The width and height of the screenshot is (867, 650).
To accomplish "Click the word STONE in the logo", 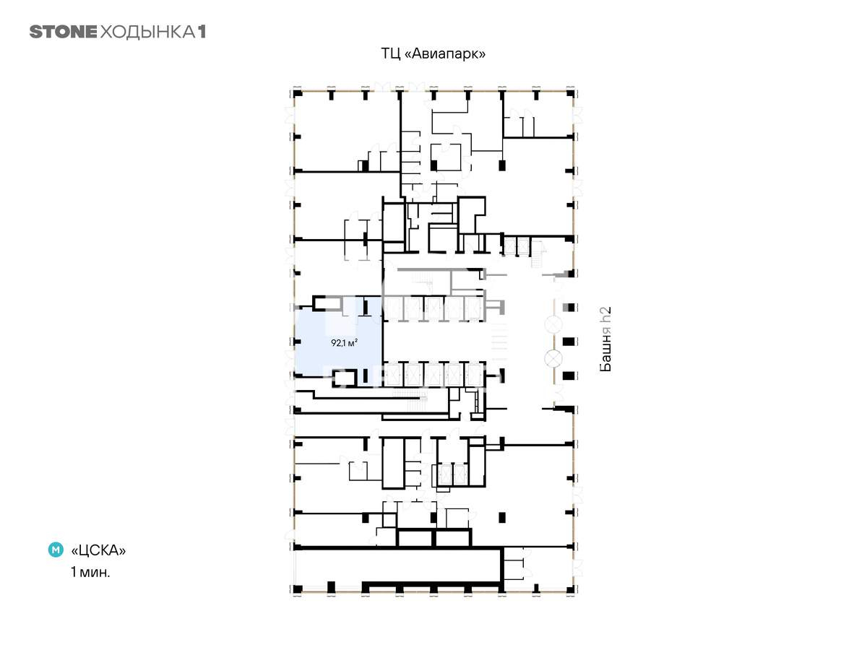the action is click(63, 32).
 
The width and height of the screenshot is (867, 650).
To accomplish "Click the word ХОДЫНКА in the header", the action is click(147, 32).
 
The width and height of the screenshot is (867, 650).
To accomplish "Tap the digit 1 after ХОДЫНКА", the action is click(202, 32).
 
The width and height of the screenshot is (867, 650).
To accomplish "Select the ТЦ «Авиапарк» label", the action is click(433, 53).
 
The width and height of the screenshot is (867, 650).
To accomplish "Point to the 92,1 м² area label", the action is click(344, 342).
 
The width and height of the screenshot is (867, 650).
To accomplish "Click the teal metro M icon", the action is click(56, 550).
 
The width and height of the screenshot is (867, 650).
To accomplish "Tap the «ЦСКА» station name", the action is click(98, 550).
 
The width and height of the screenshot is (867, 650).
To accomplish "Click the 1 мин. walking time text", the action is click(90, 571).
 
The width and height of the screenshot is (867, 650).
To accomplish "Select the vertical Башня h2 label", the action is click(605, 339).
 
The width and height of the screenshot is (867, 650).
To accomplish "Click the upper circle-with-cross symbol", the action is click(553, 325).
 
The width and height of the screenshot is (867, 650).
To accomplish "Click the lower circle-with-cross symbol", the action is click(553, 358).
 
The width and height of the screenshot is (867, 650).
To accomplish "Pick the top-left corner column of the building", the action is click(298, 94).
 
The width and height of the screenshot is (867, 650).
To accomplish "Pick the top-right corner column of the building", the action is click(570, 94).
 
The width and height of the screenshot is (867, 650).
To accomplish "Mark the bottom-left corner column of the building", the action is click(298, 589).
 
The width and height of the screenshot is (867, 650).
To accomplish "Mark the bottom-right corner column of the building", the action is click(570, 589).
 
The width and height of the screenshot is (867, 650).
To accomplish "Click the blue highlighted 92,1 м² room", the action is click(339, 343).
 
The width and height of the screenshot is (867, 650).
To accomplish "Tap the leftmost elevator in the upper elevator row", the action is click(394, 308).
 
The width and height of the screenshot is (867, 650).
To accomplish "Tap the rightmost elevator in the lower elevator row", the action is click(473, 375).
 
